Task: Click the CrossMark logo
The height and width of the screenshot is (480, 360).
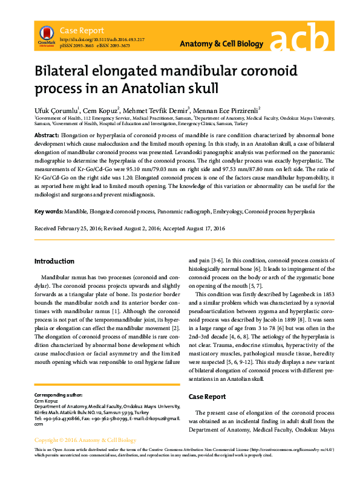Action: click(x=45, y=35)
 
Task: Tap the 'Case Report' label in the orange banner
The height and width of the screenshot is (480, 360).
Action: click(x=82, y=30)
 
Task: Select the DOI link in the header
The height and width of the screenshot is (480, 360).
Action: click(x=102, y=39)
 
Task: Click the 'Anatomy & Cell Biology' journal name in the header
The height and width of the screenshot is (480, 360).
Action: click(x=222, y=44)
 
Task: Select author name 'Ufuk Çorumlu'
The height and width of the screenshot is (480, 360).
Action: click(x=55, y=111)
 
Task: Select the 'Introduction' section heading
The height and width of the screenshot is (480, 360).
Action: click(x=54, y=261)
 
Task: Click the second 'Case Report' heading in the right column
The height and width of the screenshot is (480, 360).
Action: click(x=208, y=397)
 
